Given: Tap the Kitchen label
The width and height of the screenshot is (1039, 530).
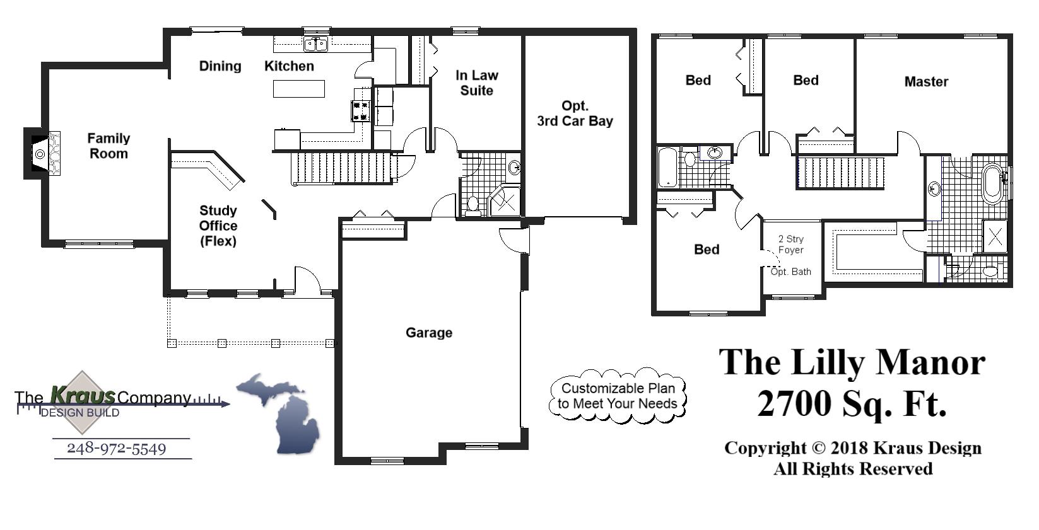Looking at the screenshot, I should pyautogui.click(x=289, y=66).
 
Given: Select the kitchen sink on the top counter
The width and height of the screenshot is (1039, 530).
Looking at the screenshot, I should pyautogui.click(x=315, y=44).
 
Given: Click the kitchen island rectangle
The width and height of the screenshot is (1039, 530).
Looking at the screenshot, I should pyautogui.click(x=299, y=89).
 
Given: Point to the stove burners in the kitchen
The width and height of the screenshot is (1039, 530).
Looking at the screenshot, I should pyautogui.click(x=361, y=111).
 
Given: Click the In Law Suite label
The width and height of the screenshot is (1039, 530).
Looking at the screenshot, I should pyautogui.click(x=477, y=83).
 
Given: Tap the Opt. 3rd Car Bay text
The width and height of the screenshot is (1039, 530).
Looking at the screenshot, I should pyautogui.click(x=575, y=113).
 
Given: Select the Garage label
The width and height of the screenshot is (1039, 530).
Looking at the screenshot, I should pyautogui.click(x=429, y=333).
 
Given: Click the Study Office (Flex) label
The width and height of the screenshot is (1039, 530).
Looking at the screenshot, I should pyautogui.click(x=218, y=226).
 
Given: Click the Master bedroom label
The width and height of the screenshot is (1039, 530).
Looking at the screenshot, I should pyautogui.click(x=926, y=81).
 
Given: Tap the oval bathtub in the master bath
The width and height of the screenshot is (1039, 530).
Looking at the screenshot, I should pyautogui.click(x=992, y=183).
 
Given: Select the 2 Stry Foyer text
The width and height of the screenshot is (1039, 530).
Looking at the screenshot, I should pyautogui.click(x=790, y=245).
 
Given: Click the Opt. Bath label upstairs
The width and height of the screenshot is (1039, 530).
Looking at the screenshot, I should pyautogui.click(x=791, y=272).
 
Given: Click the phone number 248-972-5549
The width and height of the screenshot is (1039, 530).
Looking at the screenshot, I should pyautogui.click(x=117, y=449).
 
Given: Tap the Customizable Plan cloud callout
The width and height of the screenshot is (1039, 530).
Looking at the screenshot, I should pyautogui.click(x=618, y=396).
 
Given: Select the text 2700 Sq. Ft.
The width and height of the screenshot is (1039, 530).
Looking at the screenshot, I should pyautogui.click(x=852, y=403).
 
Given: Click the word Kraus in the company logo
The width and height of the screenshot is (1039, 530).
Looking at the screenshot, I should pyautogui.click(x=83, y=395).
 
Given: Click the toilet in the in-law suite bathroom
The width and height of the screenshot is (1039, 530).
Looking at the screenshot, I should pyautogui.click(x=473, y=204).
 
